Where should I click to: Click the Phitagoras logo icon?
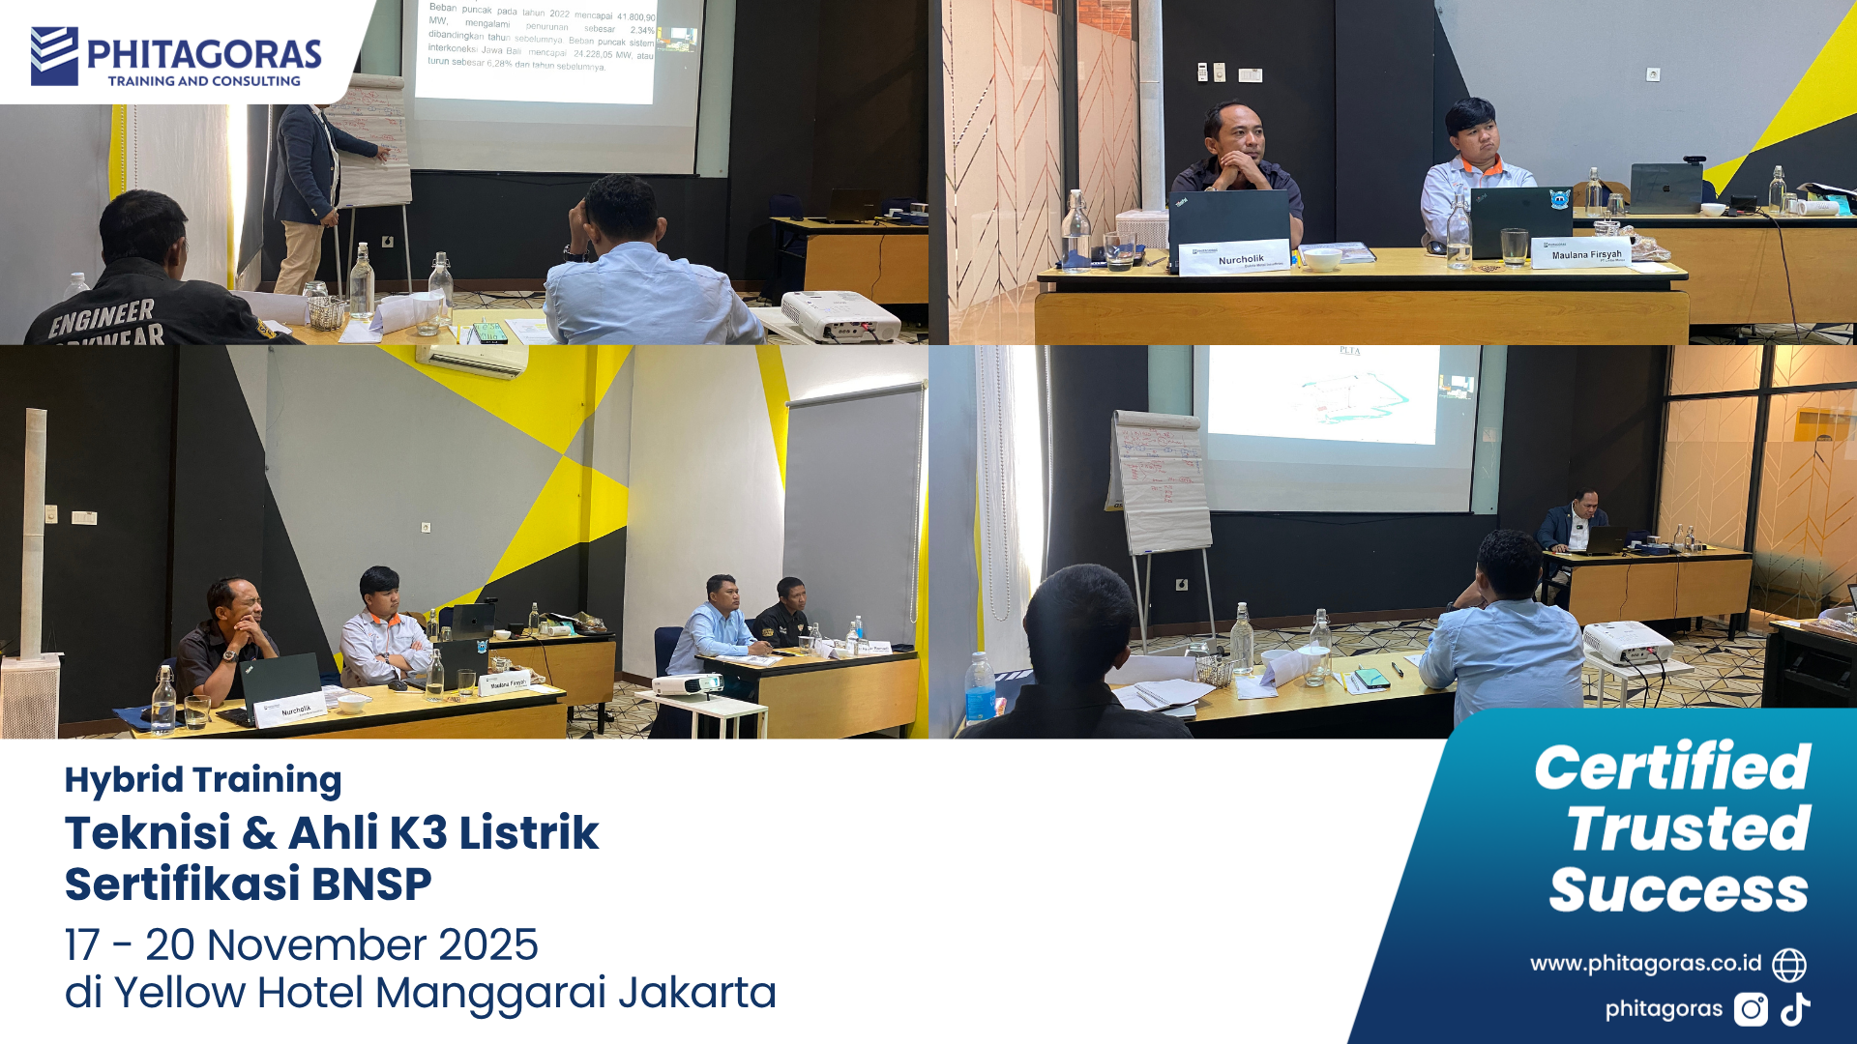[x=54, y=56]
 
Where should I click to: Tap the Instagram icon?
[x=1751, y=1009]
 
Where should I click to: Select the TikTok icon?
[x=1796, y=1009]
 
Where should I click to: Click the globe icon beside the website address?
[x=1789, y=965]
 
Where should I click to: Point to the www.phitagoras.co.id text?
[x=1645, y=964]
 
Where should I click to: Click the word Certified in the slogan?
[x=1672, y=768]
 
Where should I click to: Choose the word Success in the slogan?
[x=1678, y=890]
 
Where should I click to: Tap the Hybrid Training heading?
[x=203, y=780]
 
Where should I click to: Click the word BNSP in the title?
[x=371, y=884]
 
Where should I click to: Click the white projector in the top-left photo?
[x=840, y=315]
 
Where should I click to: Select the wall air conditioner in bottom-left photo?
[x=472, y=359]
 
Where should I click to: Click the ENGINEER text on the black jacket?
[x=102, y=317]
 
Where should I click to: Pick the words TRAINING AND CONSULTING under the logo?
[x=204, y=81]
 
